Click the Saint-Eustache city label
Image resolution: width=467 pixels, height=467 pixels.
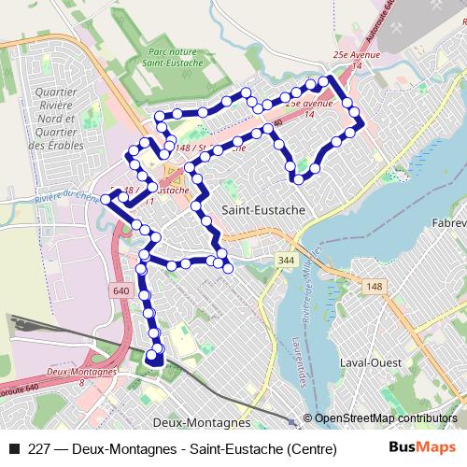tap(263, 210)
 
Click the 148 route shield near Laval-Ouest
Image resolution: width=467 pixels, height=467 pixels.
tap(375, 286)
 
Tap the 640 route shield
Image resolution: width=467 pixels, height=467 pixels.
tap(120, 290)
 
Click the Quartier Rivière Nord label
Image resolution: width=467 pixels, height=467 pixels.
tap(56, 119)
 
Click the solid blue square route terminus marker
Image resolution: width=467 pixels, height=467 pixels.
tap(156, 356)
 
